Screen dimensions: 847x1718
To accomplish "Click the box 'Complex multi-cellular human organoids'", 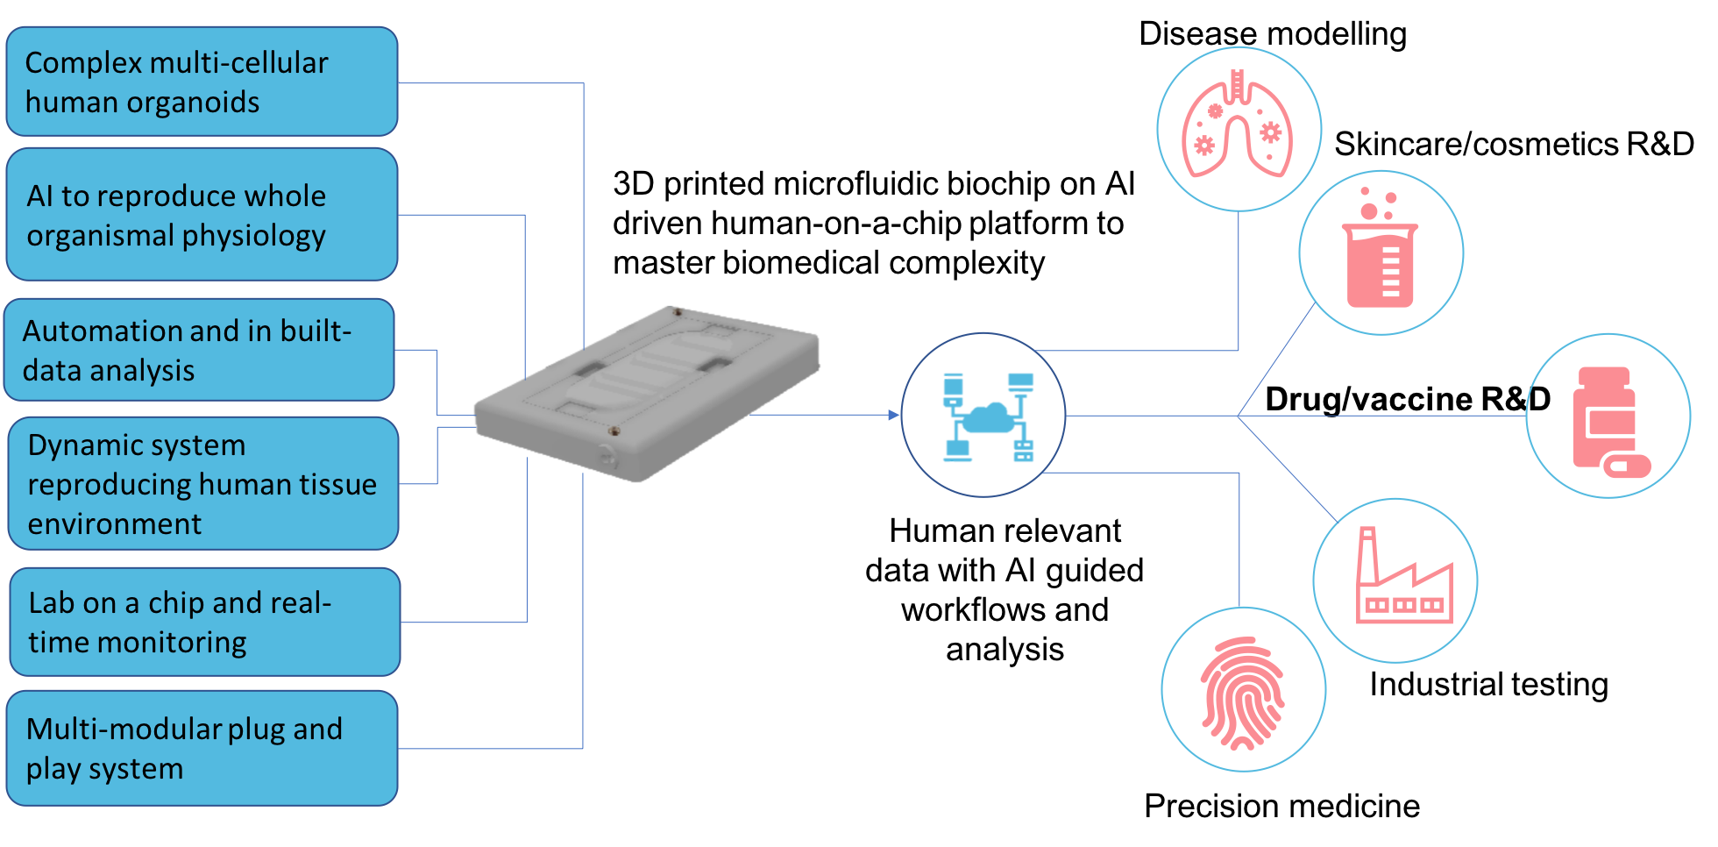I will [202, 82].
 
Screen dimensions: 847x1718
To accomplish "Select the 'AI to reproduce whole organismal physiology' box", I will [202, 215].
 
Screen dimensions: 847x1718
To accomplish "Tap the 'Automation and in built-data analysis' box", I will [199, 350].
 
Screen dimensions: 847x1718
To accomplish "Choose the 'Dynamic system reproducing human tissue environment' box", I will [202, 483].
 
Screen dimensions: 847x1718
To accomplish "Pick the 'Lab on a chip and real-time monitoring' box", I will [204, 622].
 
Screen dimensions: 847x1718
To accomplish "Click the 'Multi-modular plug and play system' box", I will [202, 748].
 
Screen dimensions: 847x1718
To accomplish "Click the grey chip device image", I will [646, 396].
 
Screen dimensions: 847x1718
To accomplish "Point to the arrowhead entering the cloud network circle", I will [894, 415].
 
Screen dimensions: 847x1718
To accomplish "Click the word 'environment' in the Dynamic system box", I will [114, 523].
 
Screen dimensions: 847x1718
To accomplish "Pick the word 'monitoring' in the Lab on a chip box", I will [172, 643].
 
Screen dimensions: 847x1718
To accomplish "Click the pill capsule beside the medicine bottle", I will [1627, 465].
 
